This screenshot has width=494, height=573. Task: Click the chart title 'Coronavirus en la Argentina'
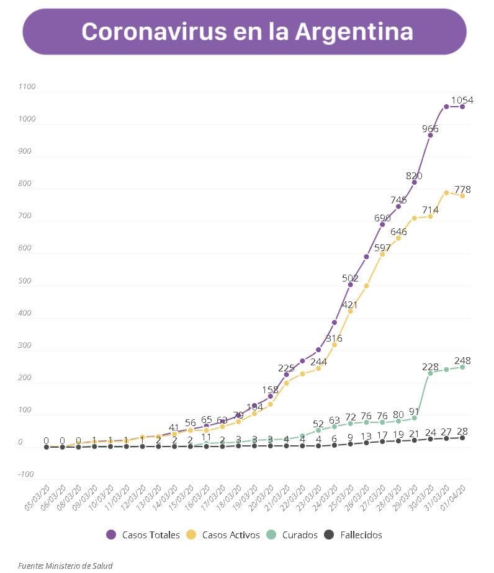(247, 31)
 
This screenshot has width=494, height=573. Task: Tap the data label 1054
(462, 100)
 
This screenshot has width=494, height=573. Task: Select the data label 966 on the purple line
(430, 129)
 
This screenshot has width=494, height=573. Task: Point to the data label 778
(462, 189)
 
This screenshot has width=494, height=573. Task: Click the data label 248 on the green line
(462, 360)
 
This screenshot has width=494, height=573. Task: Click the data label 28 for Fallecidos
(462, 431)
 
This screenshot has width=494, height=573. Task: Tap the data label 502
(351, 278)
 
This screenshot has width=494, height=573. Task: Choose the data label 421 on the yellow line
(351, 304)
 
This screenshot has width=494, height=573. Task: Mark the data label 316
(335, 338)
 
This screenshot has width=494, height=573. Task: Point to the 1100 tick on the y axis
(28, 87)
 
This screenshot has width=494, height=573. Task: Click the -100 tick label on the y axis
(26, 474)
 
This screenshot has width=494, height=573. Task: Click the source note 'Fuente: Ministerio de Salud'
(65, 565)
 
